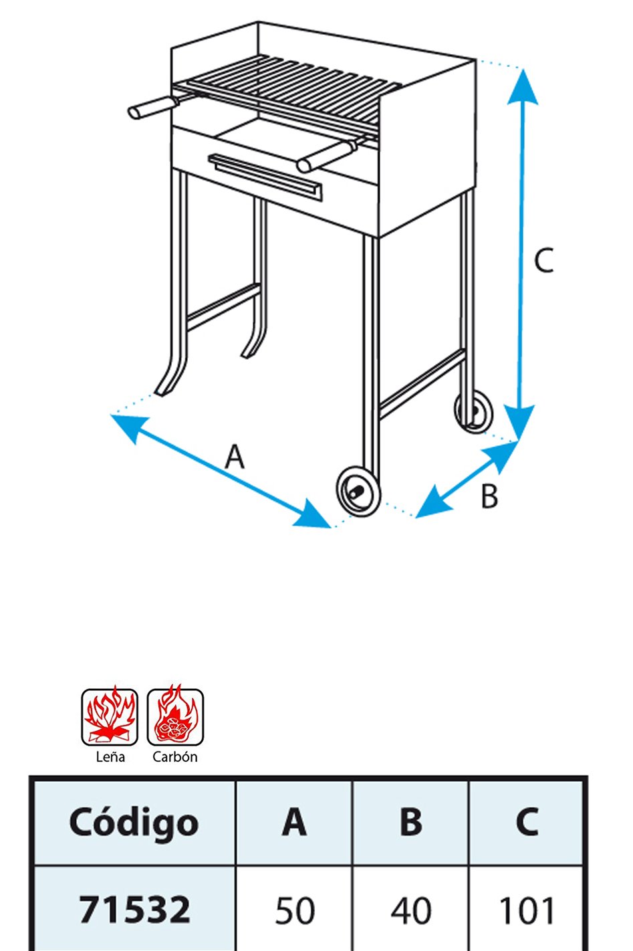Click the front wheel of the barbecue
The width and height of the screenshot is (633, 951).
pyautogui.click(x=358, y=492)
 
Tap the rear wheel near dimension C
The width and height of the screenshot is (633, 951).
pyautogui.click(x=474, y=411)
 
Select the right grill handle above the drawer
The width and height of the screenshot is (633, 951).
pyautogui.click(x=327, y=156)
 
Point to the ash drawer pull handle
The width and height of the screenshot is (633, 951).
pyautogui.click(x=265, y=177)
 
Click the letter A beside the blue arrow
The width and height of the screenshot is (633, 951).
pyautogui.click(x=235, y=456)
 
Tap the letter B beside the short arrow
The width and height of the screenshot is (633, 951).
pyautogui.click(x=489, y=496)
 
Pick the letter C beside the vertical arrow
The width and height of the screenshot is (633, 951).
pyautogui.click(x=543, y=260)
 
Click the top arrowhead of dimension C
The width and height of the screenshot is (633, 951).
pyautogui.click(x=523, y=86)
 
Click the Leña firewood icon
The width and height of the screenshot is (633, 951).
pyautogui.click(x=110, y=717)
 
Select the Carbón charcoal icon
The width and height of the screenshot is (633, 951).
pyautogui.click(x=175, y=717)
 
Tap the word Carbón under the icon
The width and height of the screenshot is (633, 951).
pyautogui.click(x=175, y=756)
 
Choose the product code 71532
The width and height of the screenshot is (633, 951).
pyautogui.click(x=134, y=910)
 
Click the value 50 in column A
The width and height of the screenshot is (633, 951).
pyautogui.click(x=295, y=910)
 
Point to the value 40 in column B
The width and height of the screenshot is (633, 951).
pyautogui.click(x=411, y=910)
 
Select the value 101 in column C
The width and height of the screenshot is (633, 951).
pyautogui.click(x=527, y=910)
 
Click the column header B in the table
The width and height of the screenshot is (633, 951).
pyautogui.click(x=410, y=821)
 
